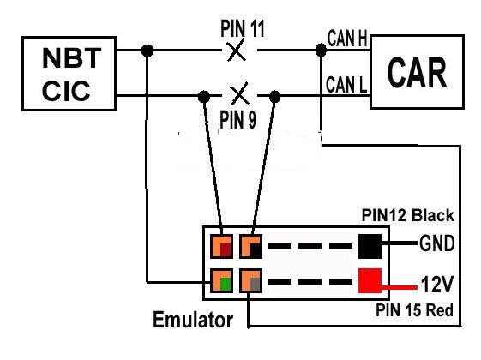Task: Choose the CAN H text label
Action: pyautogui.click(x=347, y=39)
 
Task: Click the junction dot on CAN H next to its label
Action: pyautogui.click(x=320, y=51)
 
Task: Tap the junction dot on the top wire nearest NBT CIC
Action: pyautogui.click(x=149, y=51)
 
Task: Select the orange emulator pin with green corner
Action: pyautogui.click(x=220, y=280)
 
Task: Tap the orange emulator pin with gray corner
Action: pyautogui.click(x=250, y=280)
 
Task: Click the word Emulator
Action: pyautogui.click(x=192, y=321)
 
